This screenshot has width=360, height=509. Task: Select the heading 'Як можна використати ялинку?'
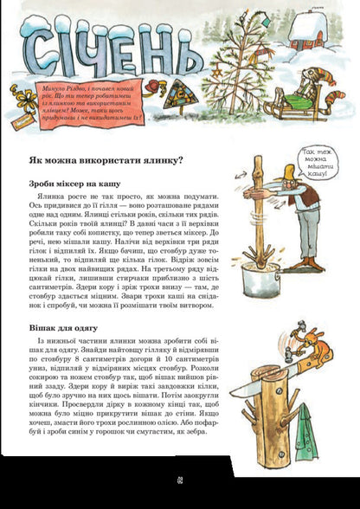click(105, 159)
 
